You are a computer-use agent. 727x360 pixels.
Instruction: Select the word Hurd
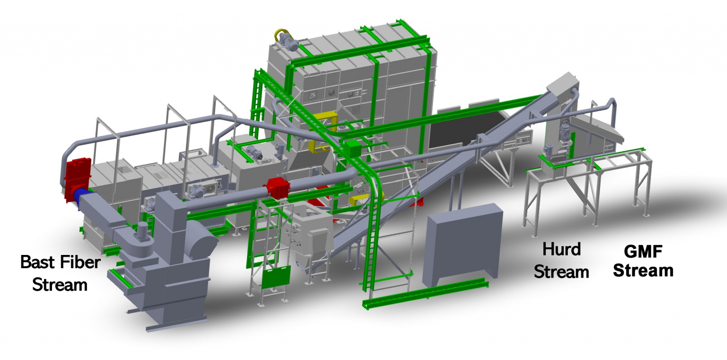[561, 249]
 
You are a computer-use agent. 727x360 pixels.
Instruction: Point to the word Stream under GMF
[643, 271]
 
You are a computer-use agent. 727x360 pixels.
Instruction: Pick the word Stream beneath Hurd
[561, 272]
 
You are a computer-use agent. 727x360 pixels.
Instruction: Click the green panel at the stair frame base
[276, 277]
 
